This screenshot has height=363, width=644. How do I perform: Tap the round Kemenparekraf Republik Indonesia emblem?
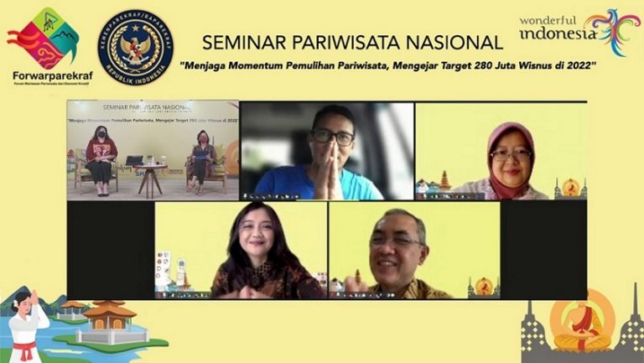point(134,47)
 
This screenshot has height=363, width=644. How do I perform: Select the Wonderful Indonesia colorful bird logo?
point(613,31)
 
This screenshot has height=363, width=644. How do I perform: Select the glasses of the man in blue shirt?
point(331,137)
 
